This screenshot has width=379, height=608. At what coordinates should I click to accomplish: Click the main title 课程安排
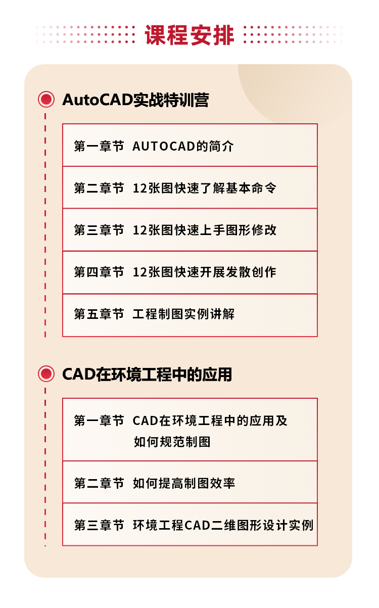click(189, 35)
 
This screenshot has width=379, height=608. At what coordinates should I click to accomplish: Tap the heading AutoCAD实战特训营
click(135, 100)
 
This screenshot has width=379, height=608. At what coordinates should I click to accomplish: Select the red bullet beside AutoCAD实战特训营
click(46, 100)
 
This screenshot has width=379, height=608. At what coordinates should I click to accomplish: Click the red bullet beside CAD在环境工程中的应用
click(46, 374)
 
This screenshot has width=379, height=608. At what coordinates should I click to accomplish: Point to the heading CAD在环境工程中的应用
click(147, 375)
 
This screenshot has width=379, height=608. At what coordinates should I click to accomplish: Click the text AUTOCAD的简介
click(183, 147)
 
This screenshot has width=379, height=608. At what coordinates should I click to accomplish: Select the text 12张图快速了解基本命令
click(205, 189)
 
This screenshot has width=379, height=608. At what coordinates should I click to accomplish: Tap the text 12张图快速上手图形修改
click(205, 230)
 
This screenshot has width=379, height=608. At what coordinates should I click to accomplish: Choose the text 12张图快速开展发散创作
click(205, 272)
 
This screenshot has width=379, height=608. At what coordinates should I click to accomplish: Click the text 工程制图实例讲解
click(183, 314)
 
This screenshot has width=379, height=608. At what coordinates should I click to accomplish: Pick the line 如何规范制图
click(172, 442)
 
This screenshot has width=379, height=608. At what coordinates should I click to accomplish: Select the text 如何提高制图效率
click(184, 483)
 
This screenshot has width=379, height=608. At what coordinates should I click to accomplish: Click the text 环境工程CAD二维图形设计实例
click(223, 525)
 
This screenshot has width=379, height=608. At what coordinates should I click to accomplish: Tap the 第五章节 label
click(99, 314)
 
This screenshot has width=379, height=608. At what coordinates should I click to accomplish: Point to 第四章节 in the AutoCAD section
click(99, 272)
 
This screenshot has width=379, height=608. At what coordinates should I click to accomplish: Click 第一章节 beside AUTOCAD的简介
click(99, 147)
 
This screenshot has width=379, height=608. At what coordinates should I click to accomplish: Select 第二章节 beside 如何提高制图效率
click(99, 483)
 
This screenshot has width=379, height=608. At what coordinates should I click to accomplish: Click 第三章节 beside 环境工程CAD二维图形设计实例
click(99, 525)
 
